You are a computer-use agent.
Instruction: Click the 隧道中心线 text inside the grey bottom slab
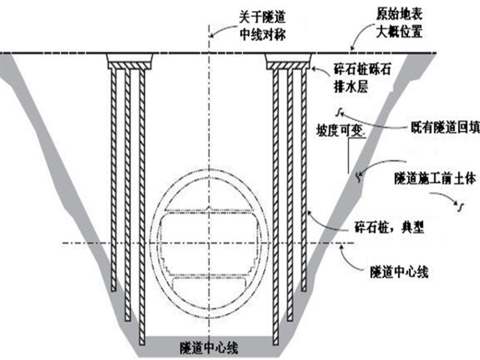tap(208, 347)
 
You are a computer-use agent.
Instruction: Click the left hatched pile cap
tap(130, 62)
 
